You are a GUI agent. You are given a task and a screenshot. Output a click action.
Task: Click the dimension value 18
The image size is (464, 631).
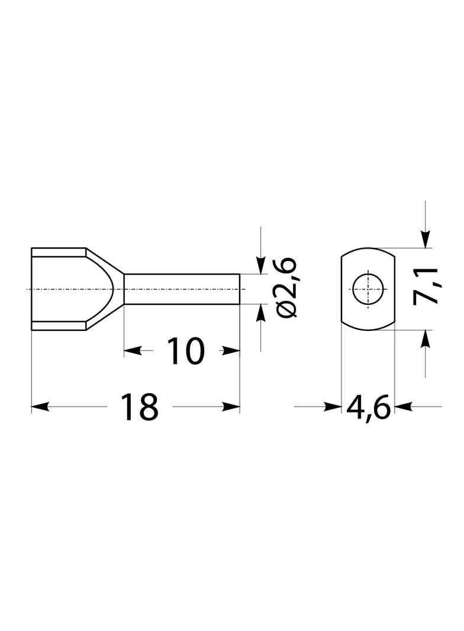tap(139, 407)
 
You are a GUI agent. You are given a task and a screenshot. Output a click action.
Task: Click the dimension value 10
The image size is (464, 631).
tap(185, 352)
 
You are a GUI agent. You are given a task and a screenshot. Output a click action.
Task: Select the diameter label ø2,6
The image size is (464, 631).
tap(287, 288)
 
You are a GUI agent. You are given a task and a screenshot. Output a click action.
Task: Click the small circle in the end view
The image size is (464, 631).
tap(368, 289)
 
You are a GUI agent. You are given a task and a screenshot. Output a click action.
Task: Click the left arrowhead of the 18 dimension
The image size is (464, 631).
tap(40, 407)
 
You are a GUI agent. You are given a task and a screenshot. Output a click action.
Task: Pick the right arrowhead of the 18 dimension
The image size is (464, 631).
tap(231, 407)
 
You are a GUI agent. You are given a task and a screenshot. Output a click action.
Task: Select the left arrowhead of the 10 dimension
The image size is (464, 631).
tap(133, 351)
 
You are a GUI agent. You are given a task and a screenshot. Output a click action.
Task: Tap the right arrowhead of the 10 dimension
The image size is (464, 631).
tap(231, 351)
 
